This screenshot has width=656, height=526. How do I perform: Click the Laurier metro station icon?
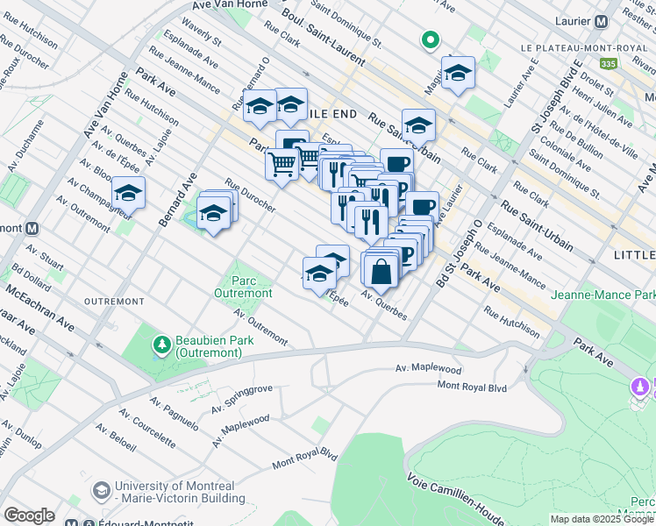[x=603, y=22]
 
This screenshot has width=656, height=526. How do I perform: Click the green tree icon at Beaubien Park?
[x=160, y=345]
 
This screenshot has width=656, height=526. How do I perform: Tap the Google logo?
[x=29, y=515]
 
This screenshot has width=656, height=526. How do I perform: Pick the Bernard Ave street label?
[x=178, y=200]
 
